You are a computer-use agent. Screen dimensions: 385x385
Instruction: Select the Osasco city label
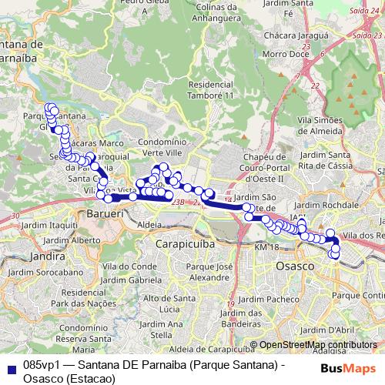[293, 265]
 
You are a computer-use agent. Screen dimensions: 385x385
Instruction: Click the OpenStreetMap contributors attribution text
[317, 345]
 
